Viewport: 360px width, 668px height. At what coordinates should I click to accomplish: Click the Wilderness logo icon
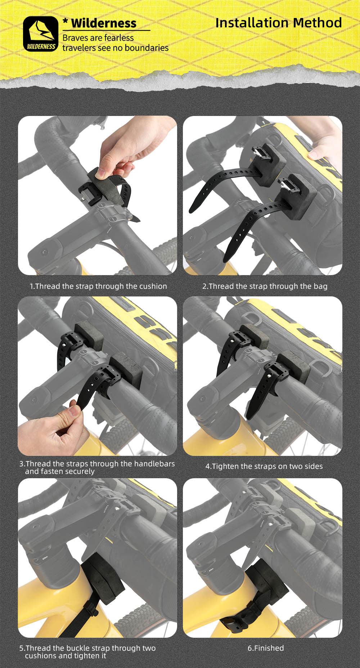click(40, 34)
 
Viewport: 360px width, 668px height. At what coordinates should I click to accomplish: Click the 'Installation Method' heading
click(279, 23)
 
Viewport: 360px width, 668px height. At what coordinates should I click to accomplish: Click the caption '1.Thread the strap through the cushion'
click(98, 286)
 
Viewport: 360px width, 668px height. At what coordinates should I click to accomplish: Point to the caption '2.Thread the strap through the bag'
click(265, 286)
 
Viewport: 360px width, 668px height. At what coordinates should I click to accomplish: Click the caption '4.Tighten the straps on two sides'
click(264, 466)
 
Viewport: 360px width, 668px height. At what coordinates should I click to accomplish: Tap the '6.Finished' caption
click(266, 648)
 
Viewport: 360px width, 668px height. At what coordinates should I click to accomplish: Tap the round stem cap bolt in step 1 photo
click(44, 252)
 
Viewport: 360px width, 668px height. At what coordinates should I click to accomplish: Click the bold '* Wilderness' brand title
click(100, 23)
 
